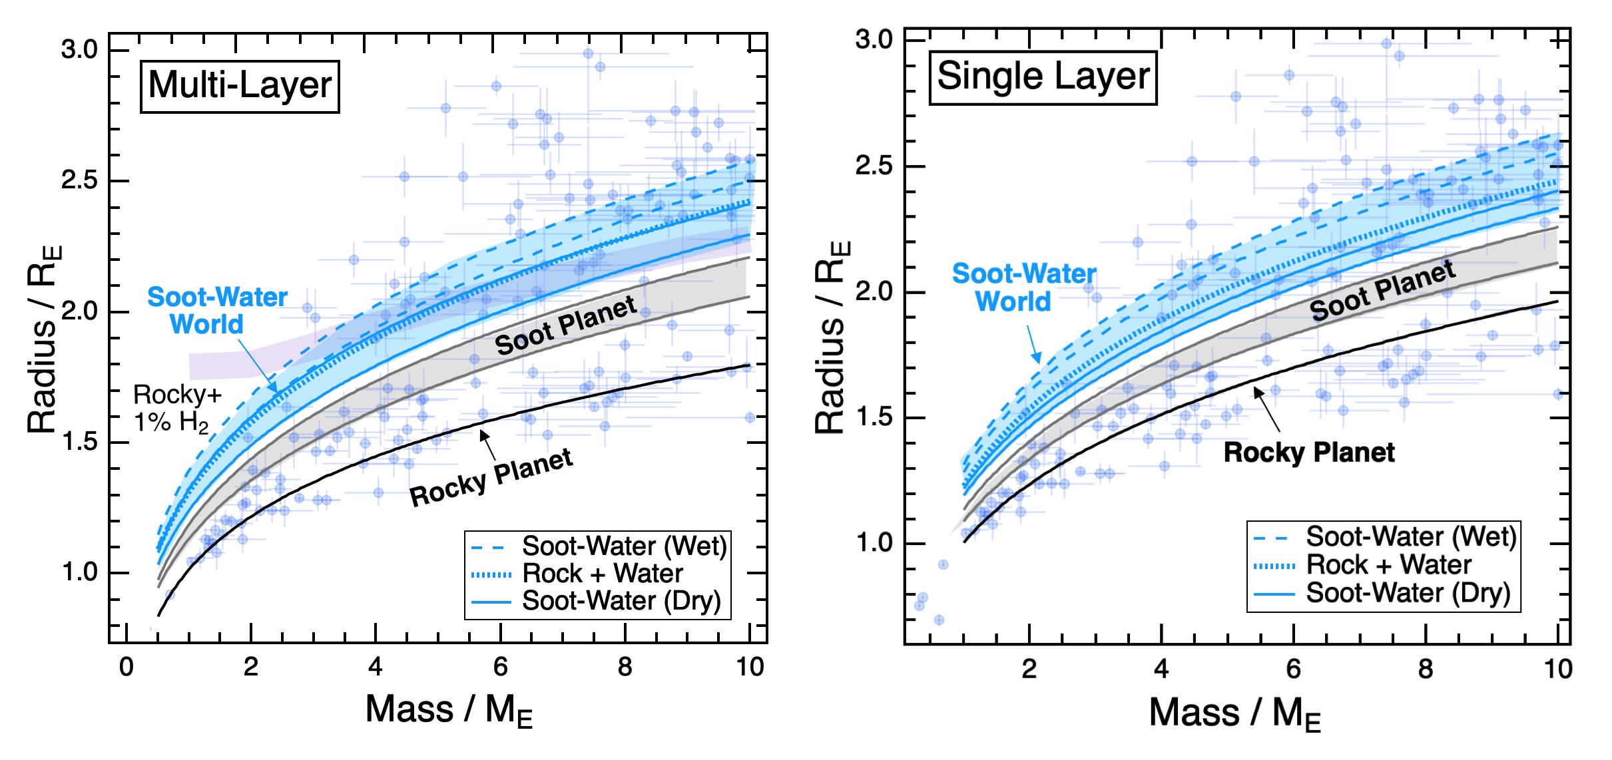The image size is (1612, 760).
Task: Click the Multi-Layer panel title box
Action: (x=240, y=87)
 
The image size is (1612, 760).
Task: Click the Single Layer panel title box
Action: (x=1043, y=77)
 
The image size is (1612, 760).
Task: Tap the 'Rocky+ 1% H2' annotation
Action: (x=176, y=408)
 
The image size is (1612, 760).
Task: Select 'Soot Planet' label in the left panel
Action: (x=566, y=326)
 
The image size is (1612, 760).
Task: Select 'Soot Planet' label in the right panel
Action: (x=1382, y=291)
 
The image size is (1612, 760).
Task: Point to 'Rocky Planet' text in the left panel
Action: (x=491, y=477)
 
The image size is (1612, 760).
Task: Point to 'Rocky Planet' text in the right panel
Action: (x=1308, y=453)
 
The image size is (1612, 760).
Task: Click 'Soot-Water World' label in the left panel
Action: (x=217, y=310)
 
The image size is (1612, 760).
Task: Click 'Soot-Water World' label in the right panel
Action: (x=1023, y=287)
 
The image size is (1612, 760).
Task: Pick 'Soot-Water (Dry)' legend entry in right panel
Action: (x=1408, y=593)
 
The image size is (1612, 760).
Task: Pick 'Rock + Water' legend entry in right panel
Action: (x=1388, y=565)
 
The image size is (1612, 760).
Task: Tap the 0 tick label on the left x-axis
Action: (x=126, y=667)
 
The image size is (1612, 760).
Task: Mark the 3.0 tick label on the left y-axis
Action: (x=79, y=50)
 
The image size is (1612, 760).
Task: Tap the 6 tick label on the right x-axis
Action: (x=1293, y=669)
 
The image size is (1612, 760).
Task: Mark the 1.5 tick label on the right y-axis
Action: (x=874, y=417)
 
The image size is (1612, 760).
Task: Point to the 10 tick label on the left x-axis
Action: (x=750, y=667)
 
